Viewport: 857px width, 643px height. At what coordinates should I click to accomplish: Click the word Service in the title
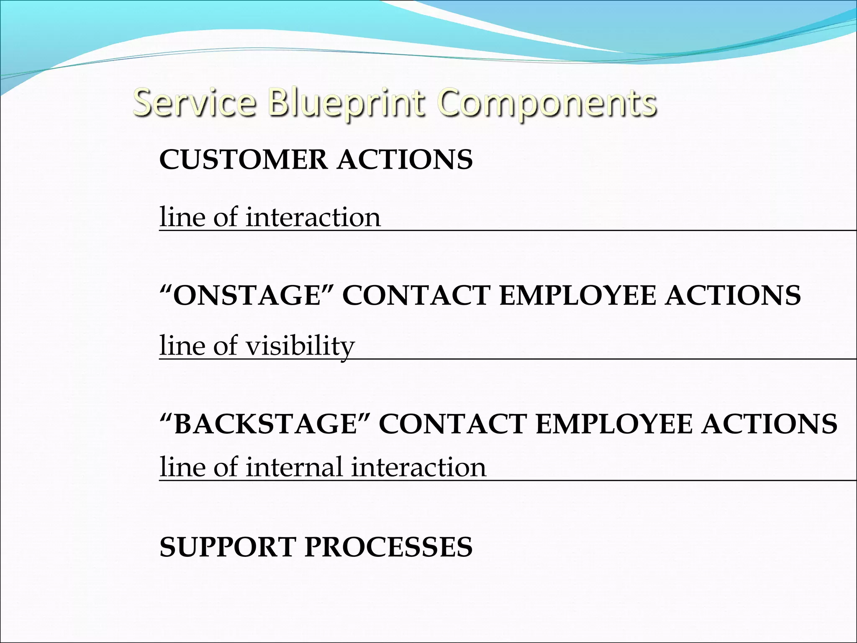194,103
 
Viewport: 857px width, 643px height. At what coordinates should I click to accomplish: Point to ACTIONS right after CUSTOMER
405,159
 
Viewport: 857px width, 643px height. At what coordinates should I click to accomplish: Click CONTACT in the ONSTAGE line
416,295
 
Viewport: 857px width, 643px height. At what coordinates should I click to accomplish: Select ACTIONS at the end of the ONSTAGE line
733,295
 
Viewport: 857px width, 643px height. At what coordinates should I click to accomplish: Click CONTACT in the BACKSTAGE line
452,424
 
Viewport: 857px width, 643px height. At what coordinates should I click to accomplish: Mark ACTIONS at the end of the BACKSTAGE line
770,424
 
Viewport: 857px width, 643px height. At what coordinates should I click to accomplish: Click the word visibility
300,347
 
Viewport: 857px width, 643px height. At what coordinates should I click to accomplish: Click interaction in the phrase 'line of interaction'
313,218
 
